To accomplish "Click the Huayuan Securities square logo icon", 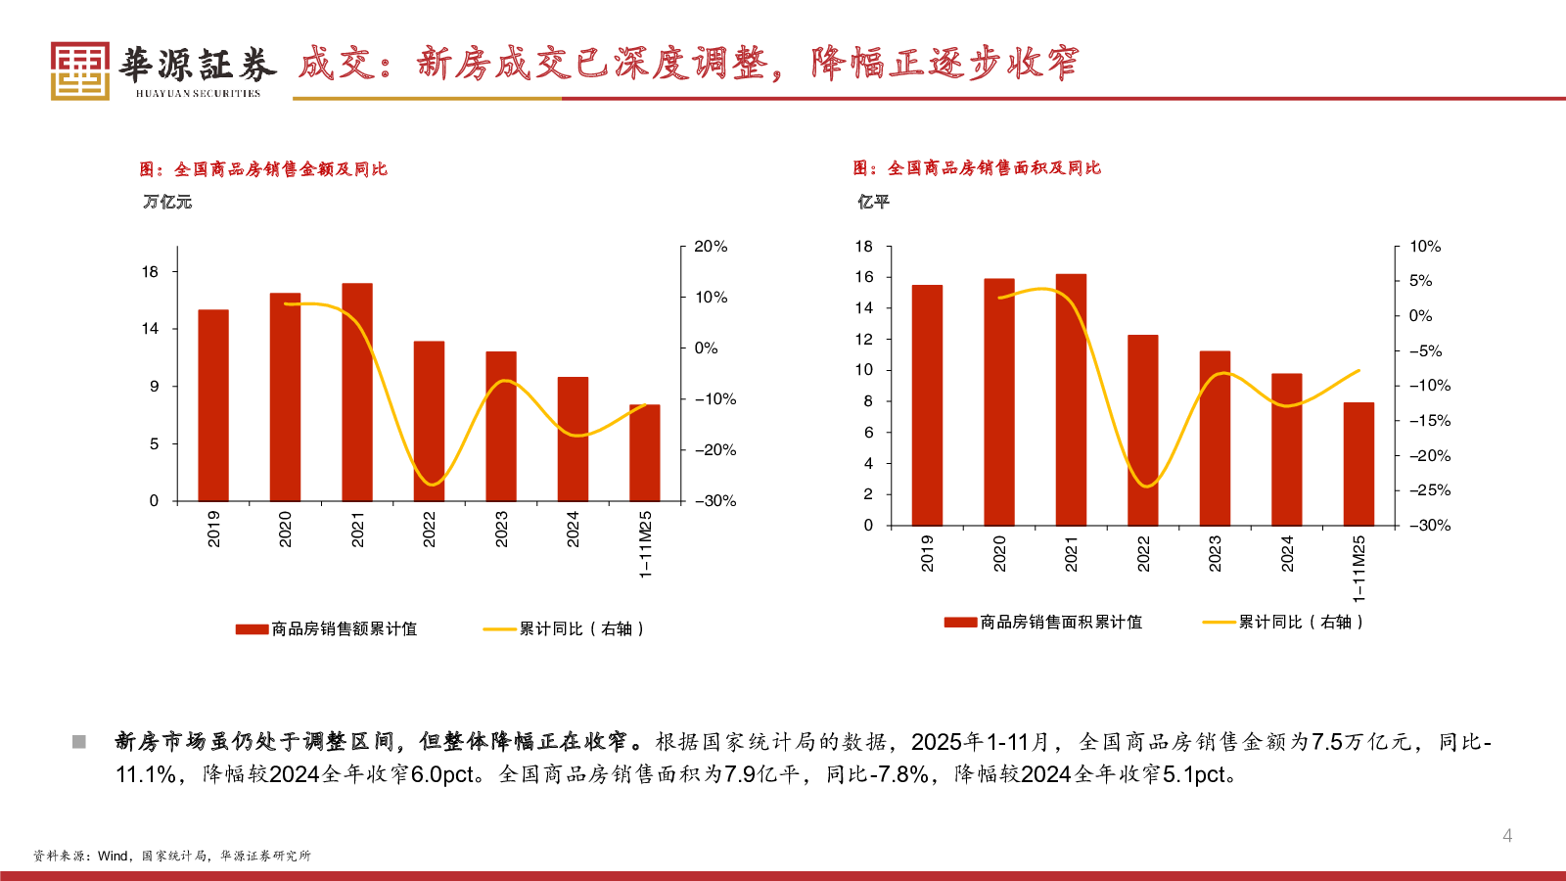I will [79, 70].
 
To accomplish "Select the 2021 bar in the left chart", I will [357, 392].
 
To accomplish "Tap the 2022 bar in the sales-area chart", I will [1142, 431].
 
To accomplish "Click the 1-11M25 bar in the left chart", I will [644, 452].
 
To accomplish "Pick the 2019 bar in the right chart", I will [927, 405].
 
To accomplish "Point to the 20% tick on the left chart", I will [710, 247].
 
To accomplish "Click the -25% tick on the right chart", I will [1430, 490].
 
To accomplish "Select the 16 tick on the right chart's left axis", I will [863, 277].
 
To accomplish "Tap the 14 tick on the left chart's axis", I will [150, 329].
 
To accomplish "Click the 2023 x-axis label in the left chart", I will [501, 529].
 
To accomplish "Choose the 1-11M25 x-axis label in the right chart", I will [1359, 569].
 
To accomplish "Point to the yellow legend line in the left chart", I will [499, 629].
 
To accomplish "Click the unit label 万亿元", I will [167, 202].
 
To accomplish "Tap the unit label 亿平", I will [873, 202].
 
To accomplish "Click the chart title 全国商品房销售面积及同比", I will [993, 168].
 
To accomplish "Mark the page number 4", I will [1507, 835].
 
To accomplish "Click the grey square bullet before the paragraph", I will [79, 742].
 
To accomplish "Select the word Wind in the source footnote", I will [113, 856].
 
